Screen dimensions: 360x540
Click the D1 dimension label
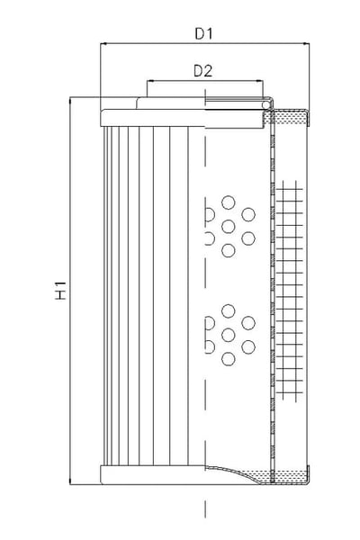pyautogui.click(x=204, y=34)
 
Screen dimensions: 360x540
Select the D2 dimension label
pyautogui.click(x=202, y=71)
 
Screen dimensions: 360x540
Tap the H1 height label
pyautogui.click(x=60, y=291)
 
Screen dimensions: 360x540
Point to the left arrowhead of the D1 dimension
pyautogui.click(x=103, y=44)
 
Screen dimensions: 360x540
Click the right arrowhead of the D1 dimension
pyautogui.click(x=306, y=44)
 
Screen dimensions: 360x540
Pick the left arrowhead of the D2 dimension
pyautogui.click(x=149, y=82)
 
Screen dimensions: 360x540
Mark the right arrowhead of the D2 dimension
pyautogui.click(x=260, y=82)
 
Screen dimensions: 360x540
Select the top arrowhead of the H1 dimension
pyautogui.click(x=70, y=100)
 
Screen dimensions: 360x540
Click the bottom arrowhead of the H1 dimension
pyautogui.click(x=70, y=481)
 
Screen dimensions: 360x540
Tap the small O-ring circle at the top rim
pyautogui.click(x=266, y=104)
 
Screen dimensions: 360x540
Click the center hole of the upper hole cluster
pyautogui.click(x=228, y=227)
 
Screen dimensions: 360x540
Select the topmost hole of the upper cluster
pyautogui.click(x=228, y=202)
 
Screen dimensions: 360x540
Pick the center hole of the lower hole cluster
pyautogui.click(x=228, y=335)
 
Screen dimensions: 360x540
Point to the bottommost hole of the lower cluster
pyautogui.click(x=228, y=359)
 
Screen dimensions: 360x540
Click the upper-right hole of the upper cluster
pyautogui.click(x=248, y=214)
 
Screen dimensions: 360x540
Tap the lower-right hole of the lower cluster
pyautogui.click(x=248, y=347)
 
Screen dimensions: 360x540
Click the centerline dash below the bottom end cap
pyautogui.click(x=205, y=509)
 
